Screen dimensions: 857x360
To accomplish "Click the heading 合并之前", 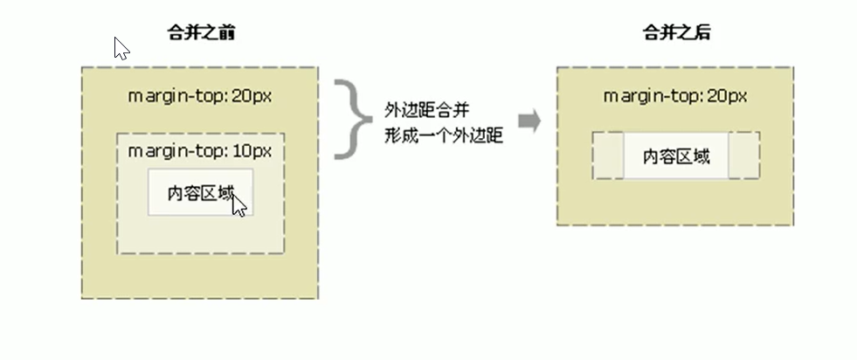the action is (x=200, y=34).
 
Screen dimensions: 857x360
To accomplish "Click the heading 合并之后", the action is (x=675, y=34).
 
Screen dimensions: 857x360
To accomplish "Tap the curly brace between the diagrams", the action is (x=352, y=120).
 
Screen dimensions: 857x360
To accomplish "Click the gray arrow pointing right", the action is (x=529, y=121).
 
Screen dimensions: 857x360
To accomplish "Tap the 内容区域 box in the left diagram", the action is (x=200, y=192).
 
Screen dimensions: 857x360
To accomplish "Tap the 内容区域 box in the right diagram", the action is (x=675, y=156).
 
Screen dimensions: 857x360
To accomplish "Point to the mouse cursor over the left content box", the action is (x=239, y=206).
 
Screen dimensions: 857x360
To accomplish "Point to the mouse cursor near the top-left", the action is (x=121, y=48).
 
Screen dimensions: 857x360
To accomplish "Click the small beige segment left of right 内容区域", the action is (x=607, y=156).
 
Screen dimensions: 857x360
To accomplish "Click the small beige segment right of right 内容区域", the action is (x=743, y=156).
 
